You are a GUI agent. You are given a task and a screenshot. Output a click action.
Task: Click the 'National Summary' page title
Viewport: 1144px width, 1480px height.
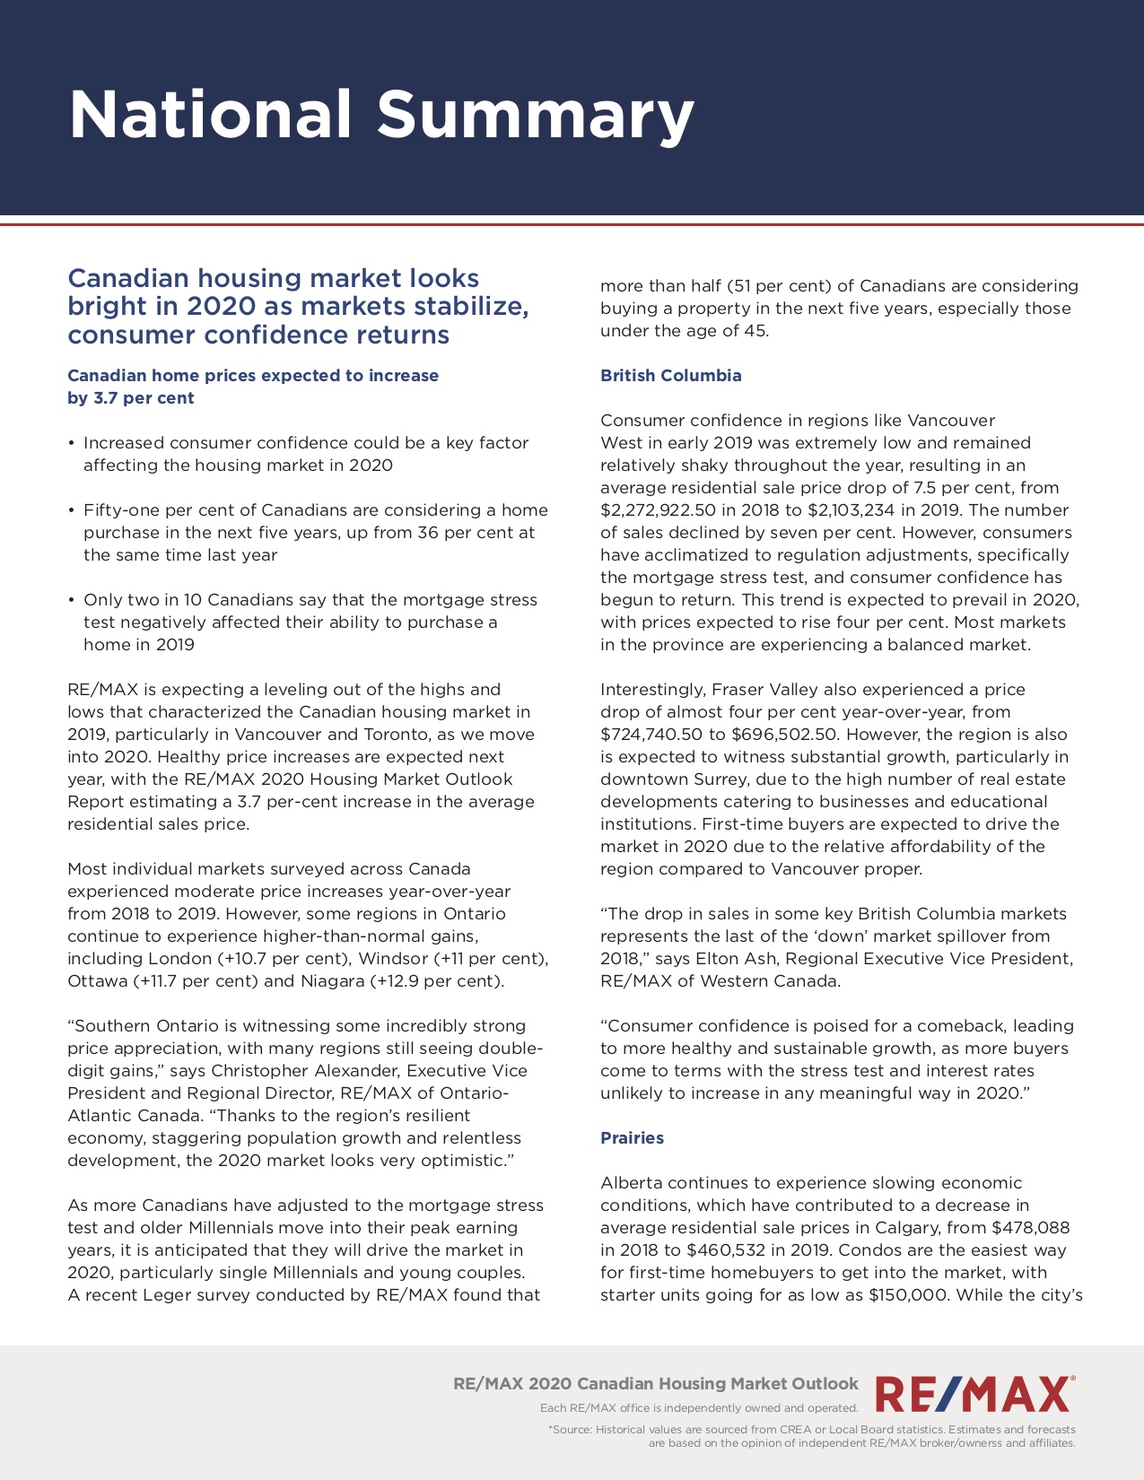381,115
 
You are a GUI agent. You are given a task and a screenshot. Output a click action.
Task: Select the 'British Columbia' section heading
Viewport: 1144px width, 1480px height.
670,376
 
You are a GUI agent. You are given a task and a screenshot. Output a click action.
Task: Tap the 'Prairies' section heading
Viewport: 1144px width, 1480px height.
632,1138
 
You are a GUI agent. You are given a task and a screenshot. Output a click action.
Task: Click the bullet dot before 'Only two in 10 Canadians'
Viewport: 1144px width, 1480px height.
71,600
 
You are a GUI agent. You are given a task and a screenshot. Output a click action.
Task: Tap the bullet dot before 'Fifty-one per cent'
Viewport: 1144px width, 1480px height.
71,510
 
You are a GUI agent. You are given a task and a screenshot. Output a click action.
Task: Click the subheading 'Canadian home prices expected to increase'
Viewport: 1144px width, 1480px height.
253,376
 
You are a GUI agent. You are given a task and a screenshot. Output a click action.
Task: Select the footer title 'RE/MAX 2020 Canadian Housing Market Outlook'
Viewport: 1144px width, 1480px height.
656,1384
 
